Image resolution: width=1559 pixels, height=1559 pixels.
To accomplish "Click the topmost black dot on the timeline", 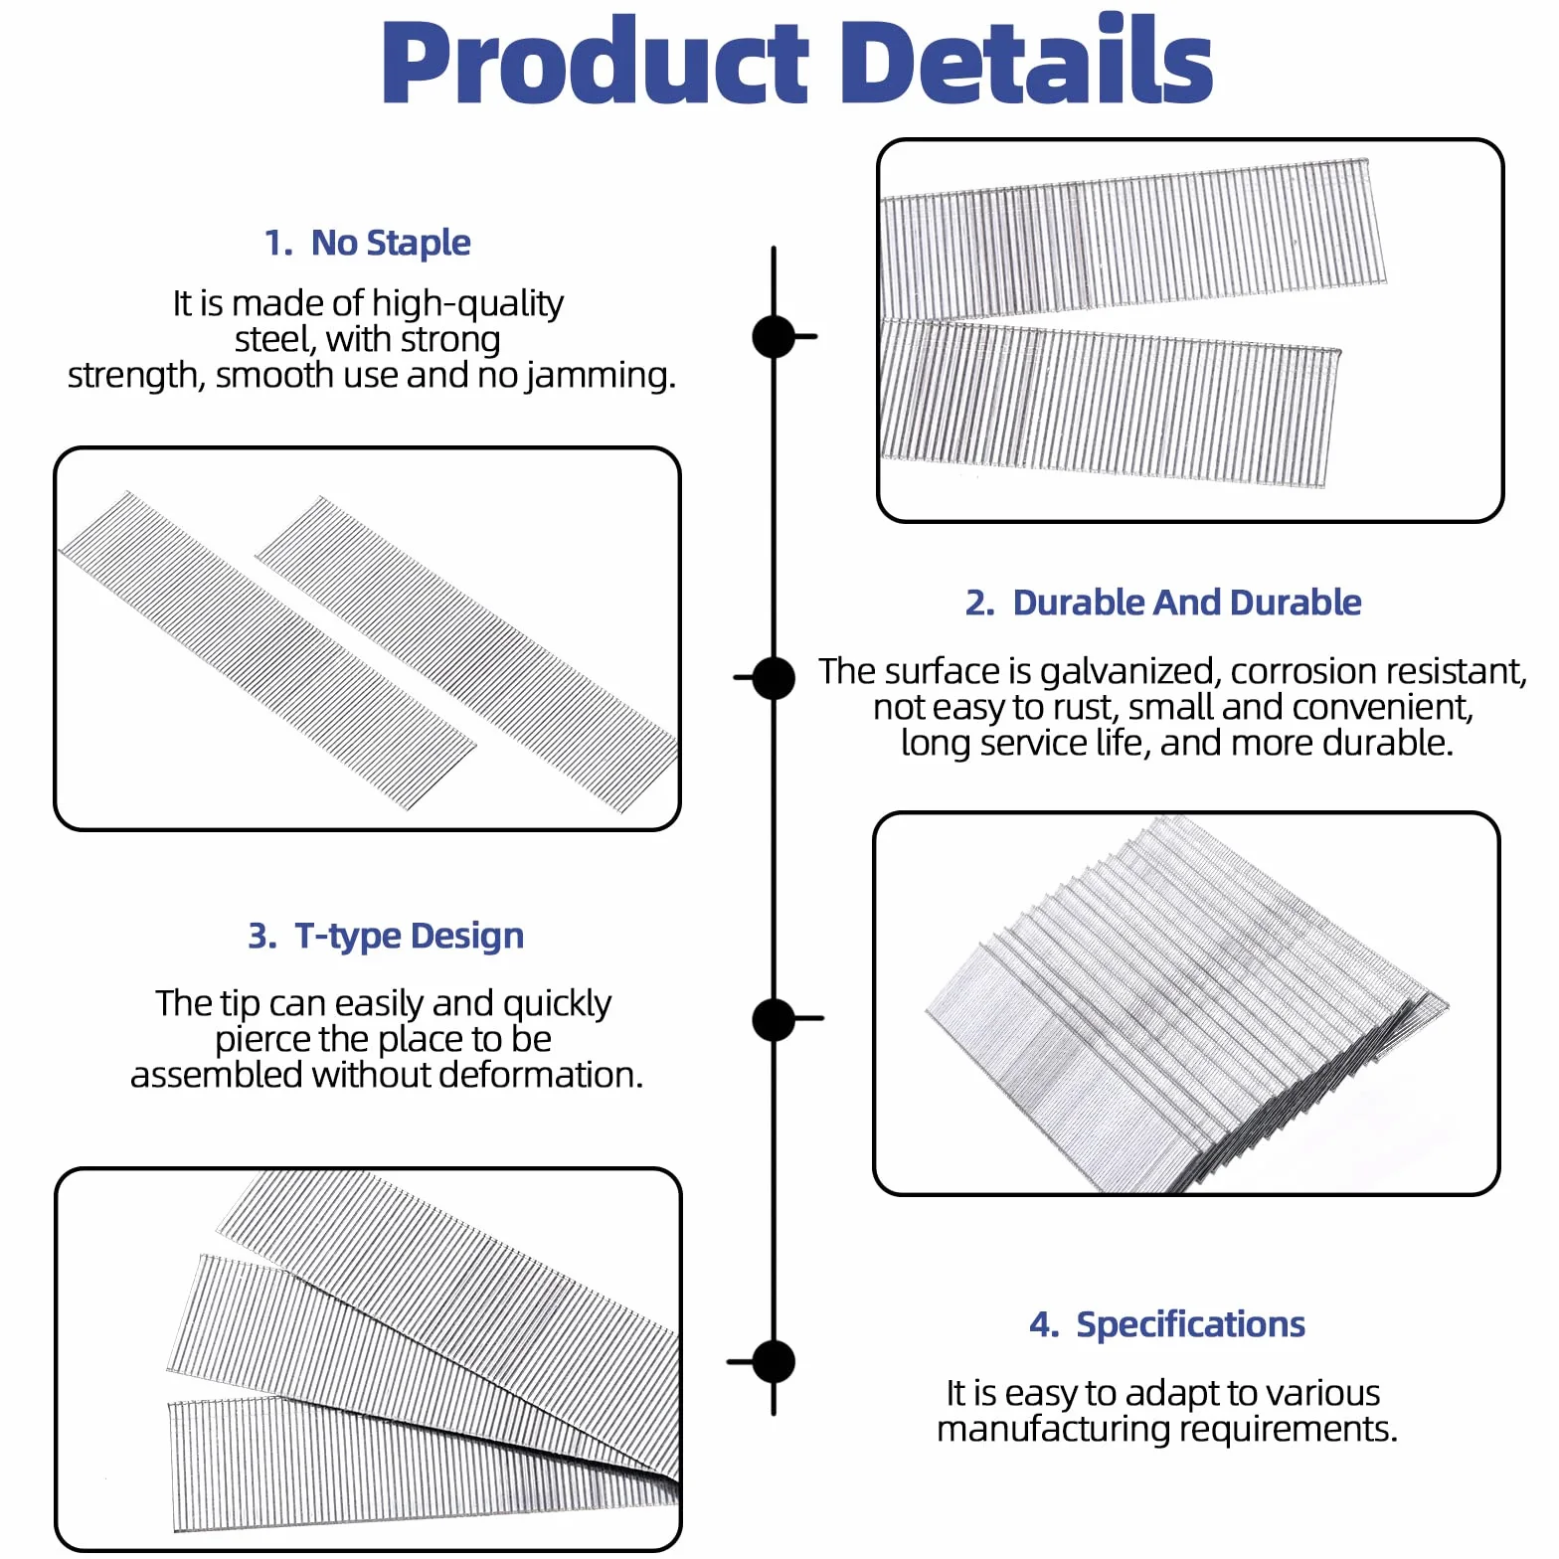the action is pos(774,336).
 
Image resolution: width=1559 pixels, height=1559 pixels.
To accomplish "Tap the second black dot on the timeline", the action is pos(774,678).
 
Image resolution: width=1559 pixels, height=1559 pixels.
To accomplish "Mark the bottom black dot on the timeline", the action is pos(774,1362).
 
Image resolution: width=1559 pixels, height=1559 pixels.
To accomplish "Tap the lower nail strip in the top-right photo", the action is pos(1110,403).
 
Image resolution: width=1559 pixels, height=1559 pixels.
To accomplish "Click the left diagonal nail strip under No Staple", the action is pos(266,648).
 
